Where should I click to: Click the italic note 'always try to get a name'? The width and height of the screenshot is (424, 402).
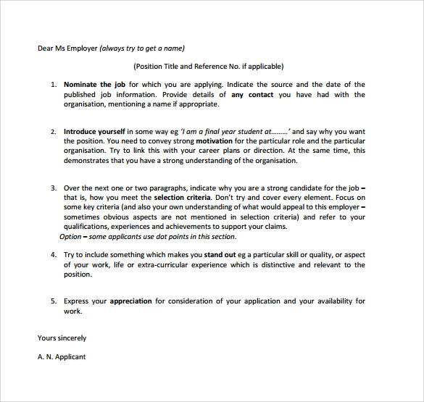click(x=142, y=49)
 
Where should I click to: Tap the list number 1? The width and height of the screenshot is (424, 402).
click(x=53, y=85)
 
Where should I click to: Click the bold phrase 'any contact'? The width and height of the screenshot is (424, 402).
click(x=252, y=95)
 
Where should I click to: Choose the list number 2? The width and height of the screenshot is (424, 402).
click(x=53, y=132)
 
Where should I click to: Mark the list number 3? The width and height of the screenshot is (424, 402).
click(x=53, y=188)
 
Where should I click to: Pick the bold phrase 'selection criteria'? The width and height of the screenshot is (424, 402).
click(x=182, y=197)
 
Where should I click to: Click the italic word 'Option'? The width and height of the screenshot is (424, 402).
click(x=70, y=236)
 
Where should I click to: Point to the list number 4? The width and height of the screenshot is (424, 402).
click(x=53, y=255)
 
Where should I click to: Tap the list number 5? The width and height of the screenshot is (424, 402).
click(x=53, y=301)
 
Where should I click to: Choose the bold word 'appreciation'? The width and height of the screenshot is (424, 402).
click(x=131, y=301)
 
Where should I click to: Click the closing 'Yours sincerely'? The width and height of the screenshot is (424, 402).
click(x=62, y=338)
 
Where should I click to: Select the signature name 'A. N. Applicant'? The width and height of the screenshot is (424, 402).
click(x=62, y=356)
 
